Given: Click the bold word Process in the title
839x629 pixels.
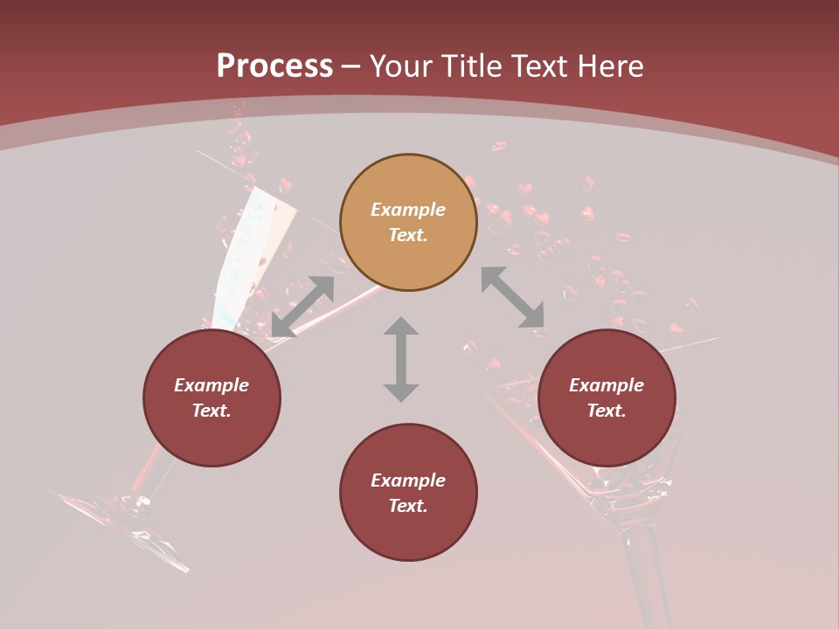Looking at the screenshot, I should (274, 66).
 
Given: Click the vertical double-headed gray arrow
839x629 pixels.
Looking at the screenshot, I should (401, 359).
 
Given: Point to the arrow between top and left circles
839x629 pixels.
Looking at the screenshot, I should (302, 307).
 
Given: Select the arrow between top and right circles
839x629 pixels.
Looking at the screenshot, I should (512, 297).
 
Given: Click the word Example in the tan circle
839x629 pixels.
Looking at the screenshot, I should (408, 210).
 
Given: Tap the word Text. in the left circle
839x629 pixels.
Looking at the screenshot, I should (211, 411).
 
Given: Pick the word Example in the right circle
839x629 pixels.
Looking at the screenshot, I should (607, 385).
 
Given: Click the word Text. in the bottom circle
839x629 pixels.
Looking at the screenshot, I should (408, 506).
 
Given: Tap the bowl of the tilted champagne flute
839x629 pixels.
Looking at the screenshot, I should (249, 253).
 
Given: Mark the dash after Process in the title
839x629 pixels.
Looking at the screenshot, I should (351, 66).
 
